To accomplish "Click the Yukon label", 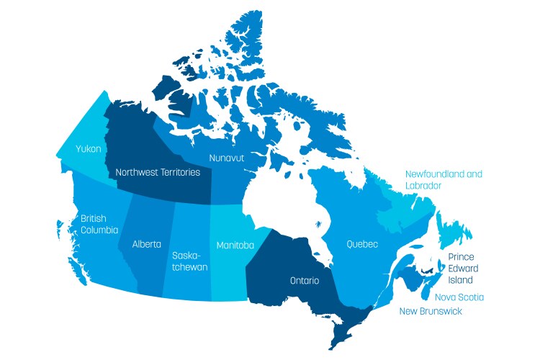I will coord(89,149).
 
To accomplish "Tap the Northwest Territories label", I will coord(158,173).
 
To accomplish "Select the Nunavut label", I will coord(229,157).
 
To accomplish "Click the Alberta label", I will coord(147,244).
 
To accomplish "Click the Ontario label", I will coord(305,280).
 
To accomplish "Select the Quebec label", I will coord(362,244).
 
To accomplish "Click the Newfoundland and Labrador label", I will coord(444,180).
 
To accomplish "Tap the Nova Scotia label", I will coord(459,297).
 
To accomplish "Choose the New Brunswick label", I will coord(431,311).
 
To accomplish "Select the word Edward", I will coord(462,268).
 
